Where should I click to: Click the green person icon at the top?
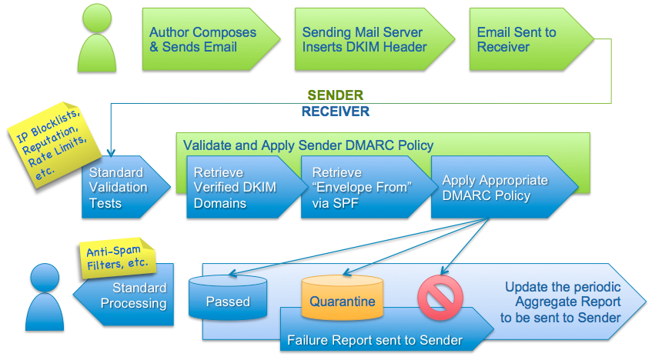[95, 40]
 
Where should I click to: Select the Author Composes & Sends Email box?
[202, 40]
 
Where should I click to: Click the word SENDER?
[335, 95]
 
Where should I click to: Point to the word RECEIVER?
[335, 112]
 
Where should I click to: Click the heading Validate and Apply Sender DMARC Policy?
[308, 145]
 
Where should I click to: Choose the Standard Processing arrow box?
[127, 295]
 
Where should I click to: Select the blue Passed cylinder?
[227, 302]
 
